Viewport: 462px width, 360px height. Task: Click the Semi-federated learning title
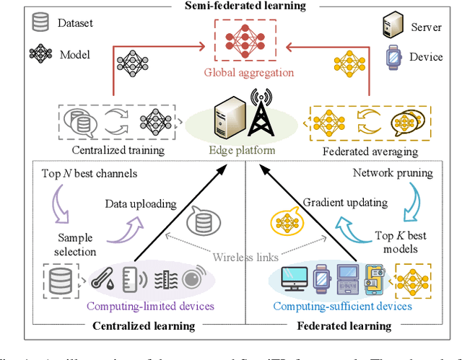(244, 6)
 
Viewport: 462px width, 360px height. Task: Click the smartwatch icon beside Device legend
(393, 55)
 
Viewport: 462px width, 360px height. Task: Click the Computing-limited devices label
(150, 306)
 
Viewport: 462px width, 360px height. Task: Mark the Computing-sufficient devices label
(342, 306)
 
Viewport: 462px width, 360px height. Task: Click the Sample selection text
(76, 245)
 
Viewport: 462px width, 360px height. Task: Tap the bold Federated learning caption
(344, 325)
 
